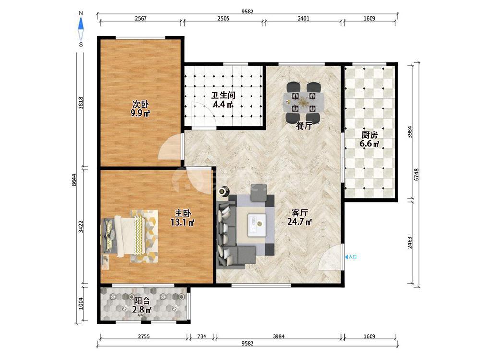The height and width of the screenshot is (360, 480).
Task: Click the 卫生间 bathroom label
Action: [x=223, y=99]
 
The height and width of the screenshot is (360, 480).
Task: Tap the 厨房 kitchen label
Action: [x=370, y=139]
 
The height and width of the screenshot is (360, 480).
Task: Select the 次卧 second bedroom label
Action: [x=141, y=108]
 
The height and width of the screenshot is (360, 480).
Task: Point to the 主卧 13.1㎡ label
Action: [x=182, y=217]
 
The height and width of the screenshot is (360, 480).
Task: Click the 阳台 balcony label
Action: [x=142, y=305]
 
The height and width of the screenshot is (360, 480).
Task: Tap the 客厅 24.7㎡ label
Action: [x=300, y=217]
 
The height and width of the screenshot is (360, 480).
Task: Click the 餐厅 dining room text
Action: [x=304, y=125]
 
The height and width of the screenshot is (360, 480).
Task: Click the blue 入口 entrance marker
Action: [x=351, y=257]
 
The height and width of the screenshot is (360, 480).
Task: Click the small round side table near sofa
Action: [x=224, y=191]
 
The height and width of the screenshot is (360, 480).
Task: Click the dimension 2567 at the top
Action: [x=141, y=18]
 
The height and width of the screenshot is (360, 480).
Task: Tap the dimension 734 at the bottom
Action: [x=202, y=336]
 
